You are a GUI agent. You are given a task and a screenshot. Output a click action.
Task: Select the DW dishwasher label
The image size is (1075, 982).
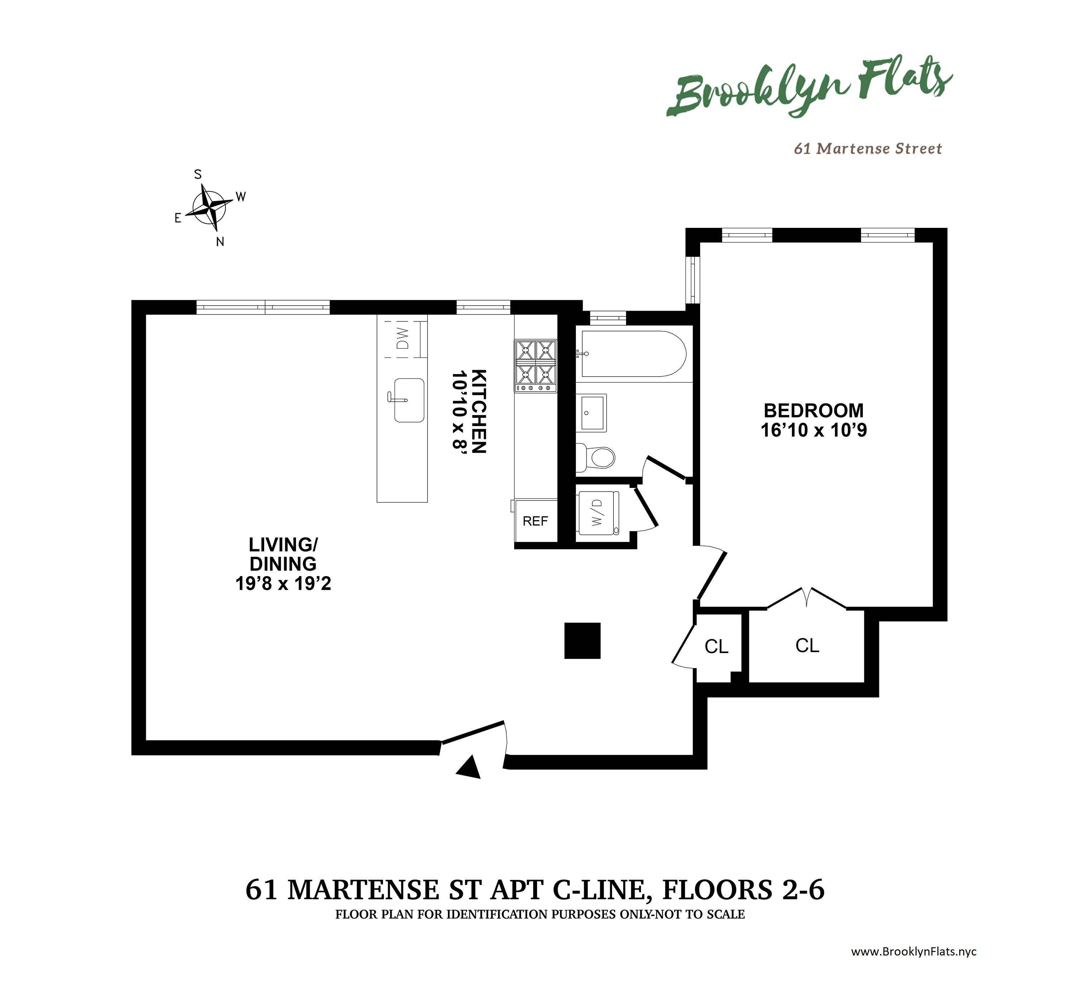click(x=403, y=338)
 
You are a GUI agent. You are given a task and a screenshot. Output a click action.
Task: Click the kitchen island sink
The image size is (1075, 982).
click(x=408, y=400)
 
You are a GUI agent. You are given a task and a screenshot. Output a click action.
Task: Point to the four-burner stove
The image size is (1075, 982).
click(x=535, y=366)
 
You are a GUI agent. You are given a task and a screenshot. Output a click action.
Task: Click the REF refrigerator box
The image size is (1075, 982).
click(x=535, y=521)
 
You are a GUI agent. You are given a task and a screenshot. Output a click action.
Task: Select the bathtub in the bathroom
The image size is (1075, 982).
click(x=632, y=354)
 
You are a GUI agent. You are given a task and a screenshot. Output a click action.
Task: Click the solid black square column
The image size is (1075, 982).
click(x=582, y=640)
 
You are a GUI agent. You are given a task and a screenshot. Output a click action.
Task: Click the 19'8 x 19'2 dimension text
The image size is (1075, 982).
click(x=283, y=583)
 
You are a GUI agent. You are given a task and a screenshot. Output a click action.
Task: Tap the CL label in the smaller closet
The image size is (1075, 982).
click(x=716, y=647)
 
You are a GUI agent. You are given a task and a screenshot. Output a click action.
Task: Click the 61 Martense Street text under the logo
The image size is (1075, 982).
click(x=868, y=148)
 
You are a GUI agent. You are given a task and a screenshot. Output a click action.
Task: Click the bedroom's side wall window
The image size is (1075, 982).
click(x=693, y=279)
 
